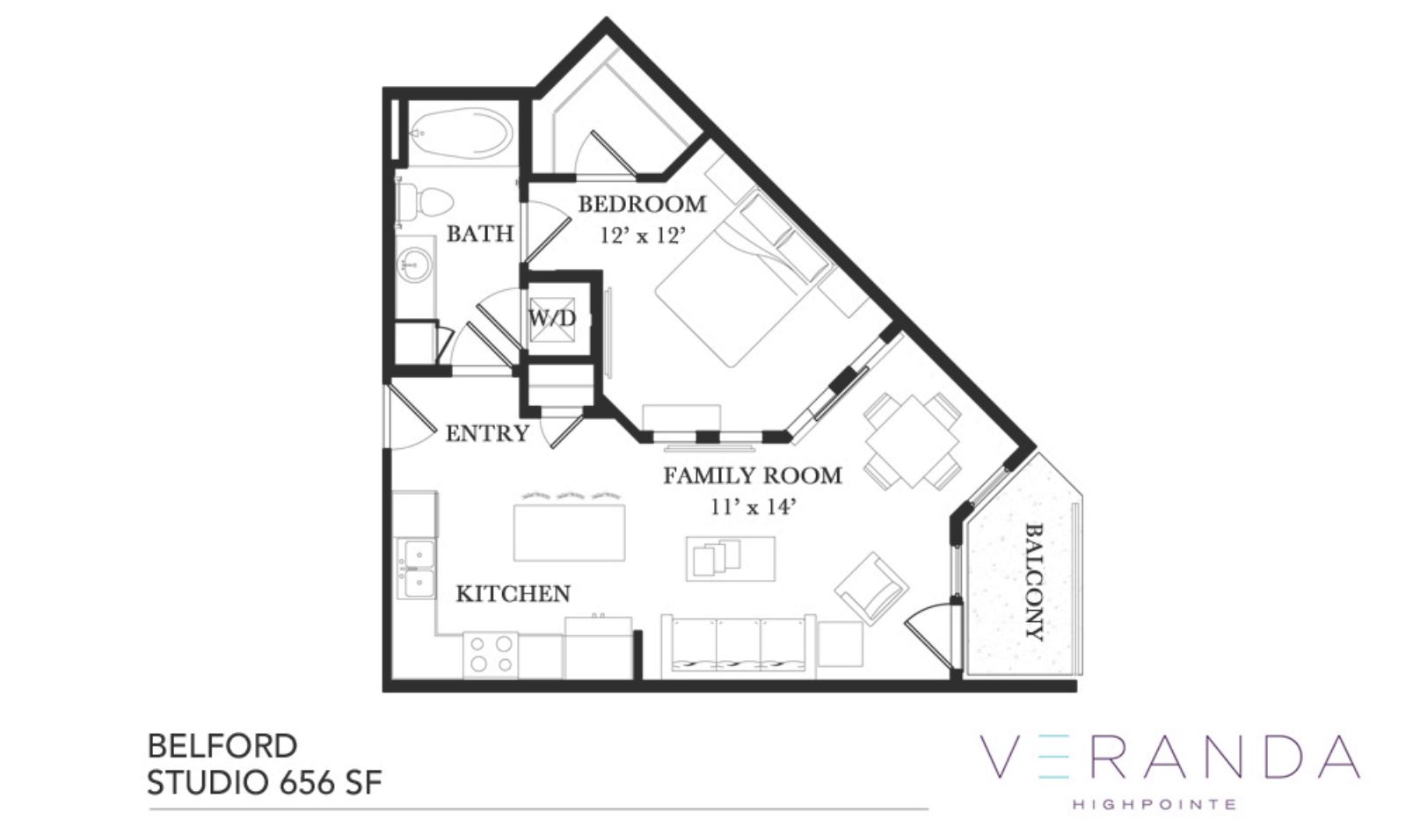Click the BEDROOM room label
[x=642, y=204]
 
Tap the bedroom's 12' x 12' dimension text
[x=642, y=236]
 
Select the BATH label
[x=480, y=234]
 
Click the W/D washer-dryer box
[x=552, y=319]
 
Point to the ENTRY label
[x=487, y=434]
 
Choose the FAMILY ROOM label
[x=753, y=475]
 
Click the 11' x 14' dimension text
[x=752, y=507]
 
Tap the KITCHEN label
[x=513, y=594]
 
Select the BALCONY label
[x=1034, y=582]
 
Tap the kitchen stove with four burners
[x=491, y=655]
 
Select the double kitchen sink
[x=416, y=569]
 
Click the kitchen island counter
[x=569, y=533]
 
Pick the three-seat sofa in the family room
[x=738, y=647]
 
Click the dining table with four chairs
[x=912, y=441]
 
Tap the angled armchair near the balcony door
[x=871, y=589]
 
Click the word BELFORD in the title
[x=222, y=746]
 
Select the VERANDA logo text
[x=1170, y=756]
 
